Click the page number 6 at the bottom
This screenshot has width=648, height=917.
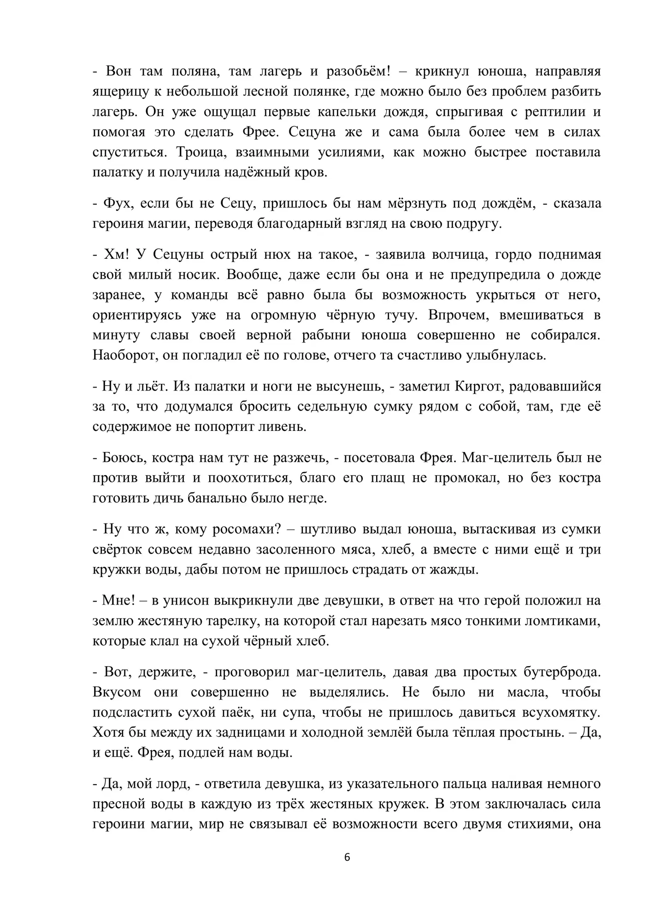point(347,857)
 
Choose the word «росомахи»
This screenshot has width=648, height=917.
point(246,530)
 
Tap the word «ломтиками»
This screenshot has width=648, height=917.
point(566,621)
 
